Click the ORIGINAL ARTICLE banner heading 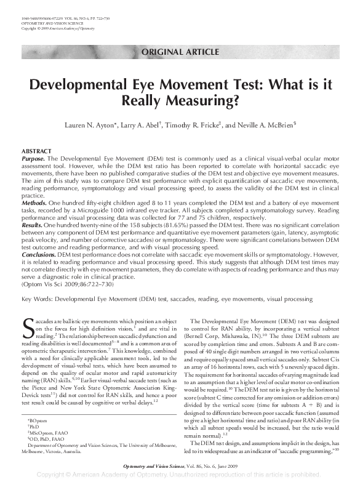(x=179, y=51)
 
